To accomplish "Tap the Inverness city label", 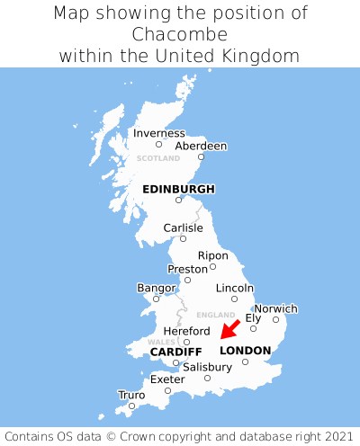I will coord(158,133).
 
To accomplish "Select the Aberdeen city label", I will coord(201,146).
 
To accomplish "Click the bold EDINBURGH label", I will coord(178,189).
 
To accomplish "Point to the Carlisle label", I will coord(183,227).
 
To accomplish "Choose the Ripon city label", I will coord(212,255).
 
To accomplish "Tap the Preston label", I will coord(187,269).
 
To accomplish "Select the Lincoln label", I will coord(234,288).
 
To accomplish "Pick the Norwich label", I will coord(275,308).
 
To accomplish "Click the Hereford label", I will coord(186,331).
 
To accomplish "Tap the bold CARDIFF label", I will coord(175,351).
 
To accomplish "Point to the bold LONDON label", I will coord(245,351).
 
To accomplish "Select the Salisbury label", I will coord(207,367).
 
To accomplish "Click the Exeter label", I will coord(167,379).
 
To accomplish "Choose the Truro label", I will coord(131,395).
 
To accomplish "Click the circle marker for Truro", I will coord(131,406).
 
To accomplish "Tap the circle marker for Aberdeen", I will coord(201,156).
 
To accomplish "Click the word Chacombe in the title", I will coord(180,34).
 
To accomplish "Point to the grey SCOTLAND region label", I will coord(158,158).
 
